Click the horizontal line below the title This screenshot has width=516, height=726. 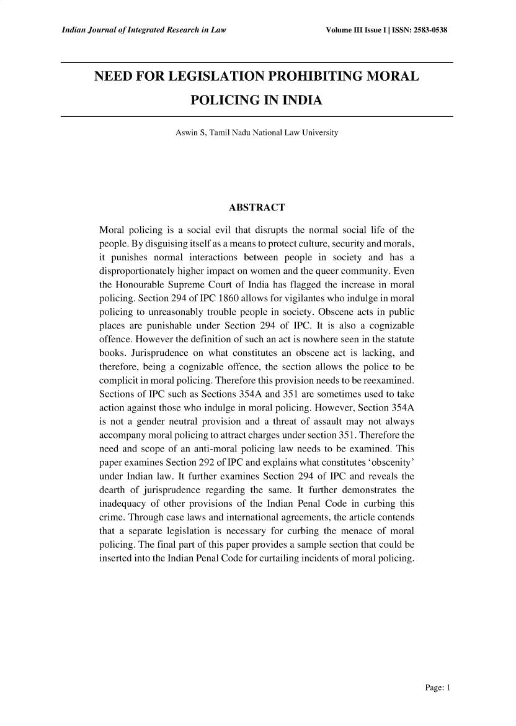257,116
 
